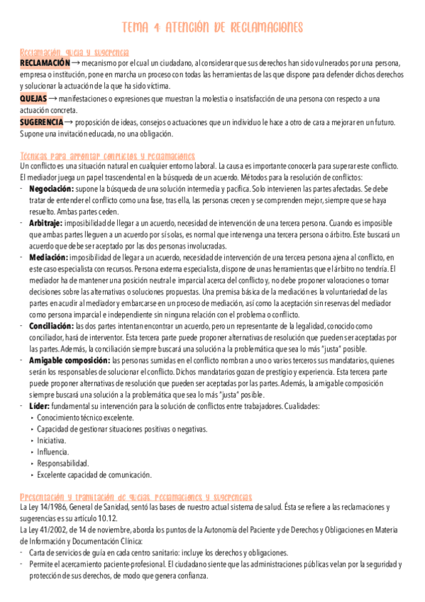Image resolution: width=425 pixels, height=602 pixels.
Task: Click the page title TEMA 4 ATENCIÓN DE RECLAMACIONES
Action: pyautogui.click(x=212, y=28)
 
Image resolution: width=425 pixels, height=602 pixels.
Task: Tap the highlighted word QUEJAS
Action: pyautogui.click(x=33, y=98)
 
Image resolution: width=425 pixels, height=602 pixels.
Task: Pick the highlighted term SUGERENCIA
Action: pyautogui.click(x=41, y=122)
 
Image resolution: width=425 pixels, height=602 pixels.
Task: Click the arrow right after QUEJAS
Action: pyautogui.click(x=54, y=98)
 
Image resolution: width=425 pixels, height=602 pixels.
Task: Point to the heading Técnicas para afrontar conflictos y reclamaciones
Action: pyautogui.click(x=107, y=155)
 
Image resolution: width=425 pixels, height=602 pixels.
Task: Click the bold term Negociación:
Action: pyautogui.click(x=51, y=190)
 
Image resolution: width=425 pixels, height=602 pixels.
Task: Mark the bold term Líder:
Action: pyautogui.click(x=40, y=405)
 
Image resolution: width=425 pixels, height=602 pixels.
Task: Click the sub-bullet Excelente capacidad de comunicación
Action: pyautogui.click(x=94, y=474)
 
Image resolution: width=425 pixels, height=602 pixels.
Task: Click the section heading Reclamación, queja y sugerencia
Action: pyautogui.click(x=74, y=53)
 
